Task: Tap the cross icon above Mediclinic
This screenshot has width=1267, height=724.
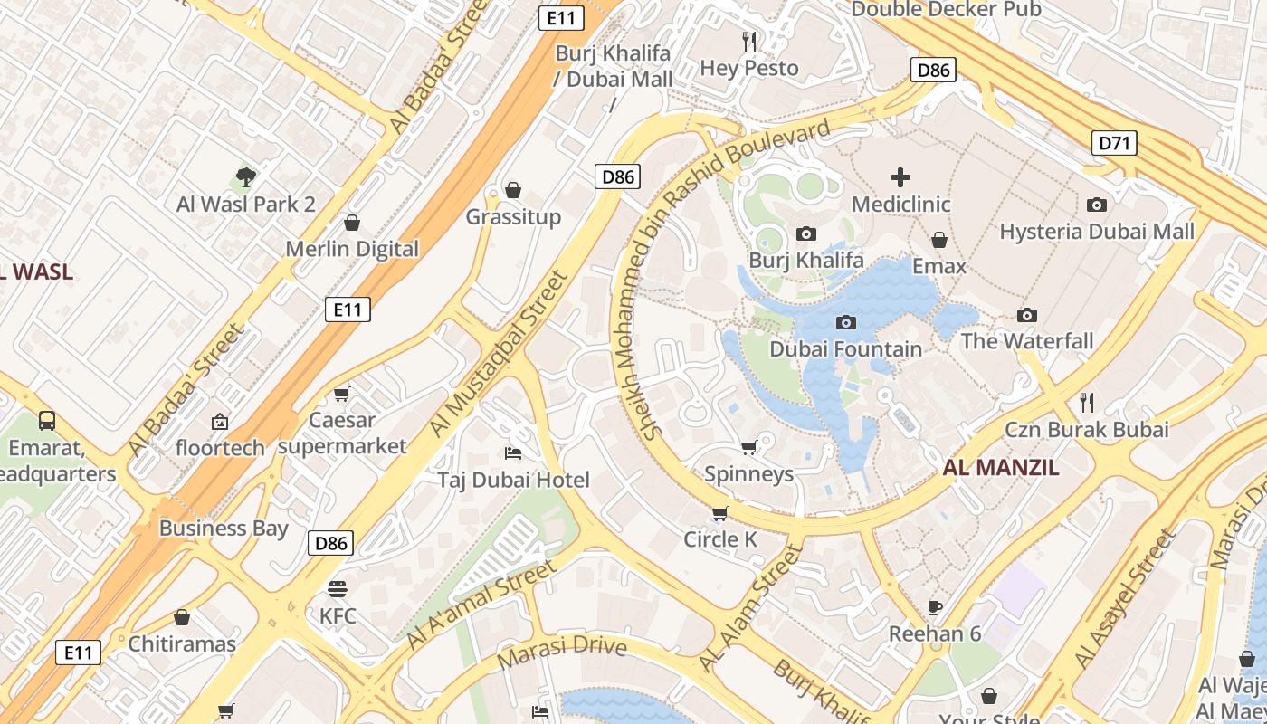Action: [x=900, y=177]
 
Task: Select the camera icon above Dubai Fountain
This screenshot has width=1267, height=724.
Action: [x=846, y=322]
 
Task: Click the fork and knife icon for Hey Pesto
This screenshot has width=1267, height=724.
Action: [x=749, y=41]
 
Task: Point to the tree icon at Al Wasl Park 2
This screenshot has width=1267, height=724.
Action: [x=245, y=176]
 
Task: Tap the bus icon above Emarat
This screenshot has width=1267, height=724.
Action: [x=46, y=420]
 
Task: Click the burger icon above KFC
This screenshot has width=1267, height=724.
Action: [x=338, y=589]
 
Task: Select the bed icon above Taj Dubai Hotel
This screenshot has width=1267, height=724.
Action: [x=513, y=452]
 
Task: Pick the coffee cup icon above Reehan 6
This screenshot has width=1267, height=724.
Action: [x=935, y=606]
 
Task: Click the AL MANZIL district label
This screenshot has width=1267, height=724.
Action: [x=1000, y=468]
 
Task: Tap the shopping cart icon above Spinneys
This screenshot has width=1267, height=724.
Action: [x=748, y=447]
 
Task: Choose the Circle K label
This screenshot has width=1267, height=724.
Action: [x=720, y=539]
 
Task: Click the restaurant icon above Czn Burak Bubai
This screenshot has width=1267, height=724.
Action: [x=1087, y=402]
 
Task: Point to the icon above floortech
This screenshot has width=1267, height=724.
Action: [x=220, y=421]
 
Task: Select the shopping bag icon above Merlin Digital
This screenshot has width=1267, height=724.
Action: [x=352, y=223]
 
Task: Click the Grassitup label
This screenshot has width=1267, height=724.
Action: [x=513, y=217]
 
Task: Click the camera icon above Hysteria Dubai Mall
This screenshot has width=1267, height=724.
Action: [x=1097, y=205]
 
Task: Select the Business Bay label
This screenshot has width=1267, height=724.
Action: [x=224, y=529]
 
